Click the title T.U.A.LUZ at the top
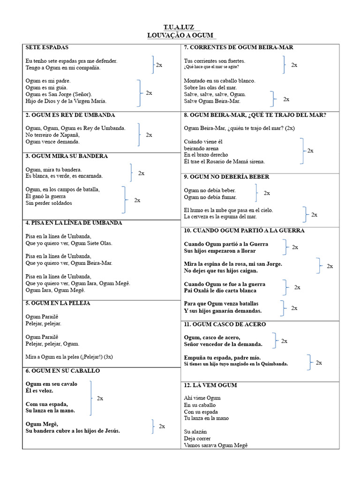[x=179, y=28]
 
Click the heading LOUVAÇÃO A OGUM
[x=181, y=36]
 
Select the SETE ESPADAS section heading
[x=47, y=48]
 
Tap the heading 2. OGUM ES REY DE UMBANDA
[x=70, y=115]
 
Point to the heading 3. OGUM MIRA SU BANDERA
[x=67, y=156]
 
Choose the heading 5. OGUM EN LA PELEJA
[x=58, y=303]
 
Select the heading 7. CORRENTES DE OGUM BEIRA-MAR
[x=239, y=48]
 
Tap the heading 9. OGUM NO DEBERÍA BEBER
[x=226, y=177]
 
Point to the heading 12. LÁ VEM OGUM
[x=210, y=385]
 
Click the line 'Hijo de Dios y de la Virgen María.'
[x=66, y=101]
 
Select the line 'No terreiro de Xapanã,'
[x=52, y=135]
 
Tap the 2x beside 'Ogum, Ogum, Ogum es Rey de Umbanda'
[x=149, y=135]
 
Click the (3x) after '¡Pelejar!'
[x=108, y=357]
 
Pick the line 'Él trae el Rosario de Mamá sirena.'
[x=224, y=162]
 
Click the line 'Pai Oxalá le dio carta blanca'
[x=220, y=291]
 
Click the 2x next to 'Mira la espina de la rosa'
[x=330, y=266]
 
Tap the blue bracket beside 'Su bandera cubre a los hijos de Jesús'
[x=153, y=427]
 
